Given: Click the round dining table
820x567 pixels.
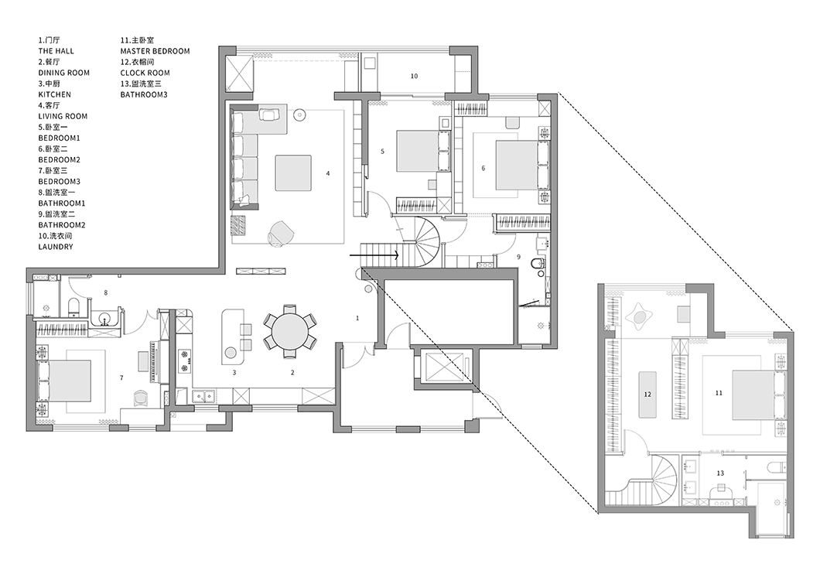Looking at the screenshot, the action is [x=290, y=331].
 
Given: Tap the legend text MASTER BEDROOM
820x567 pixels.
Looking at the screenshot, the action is [x=155, y=51].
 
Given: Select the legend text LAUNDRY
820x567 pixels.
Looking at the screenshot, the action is [x=56, y=247].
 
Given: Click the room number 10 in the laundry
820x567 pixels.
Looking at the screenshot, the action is [x=414, y=77].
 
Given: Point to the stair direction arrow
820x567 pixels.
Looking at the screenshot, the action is [x=374, y=255].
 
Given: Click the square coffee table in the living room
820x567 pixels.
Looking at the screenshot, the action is [x=294, y=172].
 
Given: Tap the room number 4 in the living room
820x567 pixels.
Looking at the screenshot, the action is [x=328, y=173].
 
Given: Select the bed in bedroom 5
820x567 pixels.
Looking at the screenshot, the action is [x=417, y=151].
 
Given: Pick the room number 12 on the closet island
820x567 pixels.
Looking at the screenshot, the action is [x=648, y=395].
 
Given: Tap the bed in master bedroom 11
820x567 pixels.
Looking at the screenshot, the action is [x=753, y=395].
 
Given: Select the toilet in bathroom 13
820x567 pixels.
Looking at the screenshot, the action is [x=776, y=468].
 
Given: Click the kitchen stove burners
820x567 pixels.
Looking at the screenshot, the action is [x=184, y=361].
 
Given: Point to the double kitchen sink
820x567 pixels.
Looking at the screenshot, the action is [x=203, y=396].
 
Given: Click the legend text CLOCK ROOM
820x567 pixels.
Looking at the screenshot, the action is [x=145, y=73].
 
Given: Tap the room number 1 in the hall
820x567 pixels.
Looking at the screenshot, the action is [x=357, y=318].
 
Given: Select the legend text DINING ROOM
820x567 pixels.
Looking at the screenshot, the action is [x=63, y=73].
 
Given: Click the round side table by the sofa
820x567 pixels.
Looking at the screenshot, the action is [x=299, y=114].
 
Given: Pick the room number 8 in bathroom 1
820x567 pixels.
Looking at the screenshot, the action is [x=106, y=293].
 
